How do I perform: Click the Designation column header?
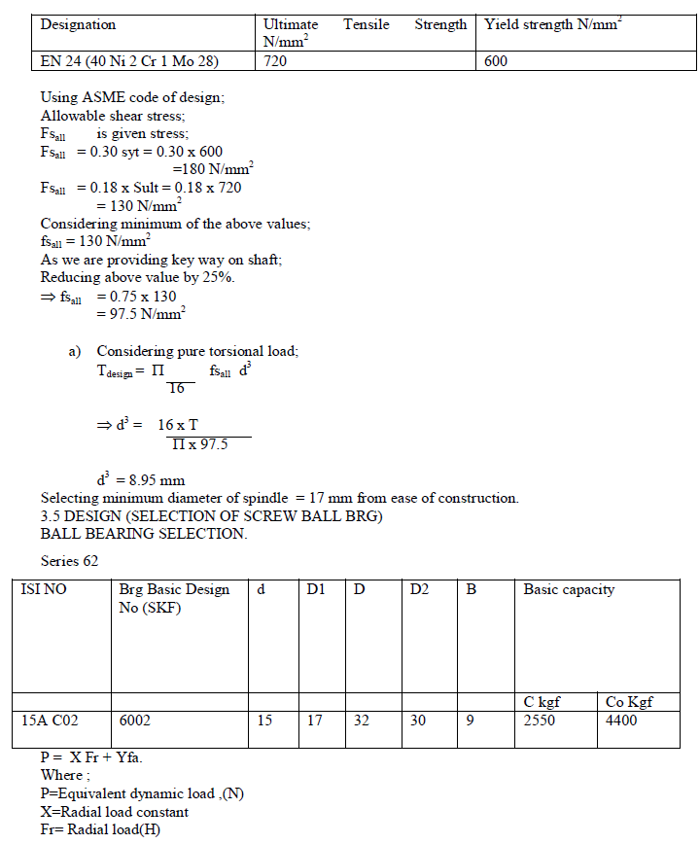pos(78,25)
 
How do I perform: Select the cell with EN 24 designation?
pos(128,61)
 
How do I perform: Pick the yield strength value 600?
pos(496,61)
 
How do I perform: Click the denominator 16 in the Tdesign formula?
pos(176,389)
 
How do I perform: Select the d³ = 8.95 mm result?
pos(141,480)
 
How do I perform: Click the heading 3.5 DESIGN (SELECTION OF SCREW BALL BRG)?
pos(212,515)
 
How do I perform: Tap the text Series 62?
pos(70,561)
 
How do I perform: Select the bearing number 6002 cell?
pos(136,721)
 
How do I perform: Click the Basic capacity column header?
pos(569,589)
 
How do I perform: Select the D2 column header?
pos(420,589)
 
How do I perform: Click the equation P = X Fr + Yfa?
pos(93,757)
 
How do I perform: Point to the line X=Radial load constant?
pos(115,812)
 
